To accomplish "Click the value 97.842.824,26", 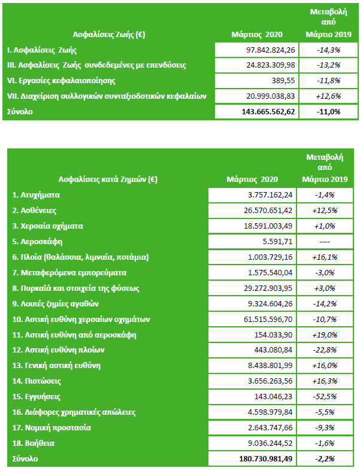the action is click(271, 50).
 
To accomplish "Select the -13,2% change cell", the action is click(328, 65).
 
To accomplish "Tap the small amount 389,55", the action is click(283, 81).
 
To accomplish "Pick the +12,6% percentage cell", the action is click(328, 96).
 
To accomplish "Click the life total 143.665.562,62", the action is click(268, 112).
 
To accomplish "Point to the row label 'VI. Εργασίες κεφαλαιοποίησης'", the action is click(61, 81).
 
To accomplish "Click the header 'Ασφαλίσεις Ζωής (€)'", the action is click(109, 35).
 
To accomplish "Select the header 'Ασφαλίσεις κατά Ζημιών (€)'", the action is click(108, 180).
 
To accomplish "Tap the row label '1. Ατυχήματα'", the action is click(36, 195).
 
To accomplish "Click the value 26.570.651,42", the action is click(268, 210).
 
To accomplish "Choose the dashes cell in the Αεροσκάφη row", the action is click(325, 242).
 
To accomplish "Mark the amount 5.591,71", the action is click(277, 242).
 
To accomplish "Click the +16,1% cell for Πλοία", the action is click(325, 257).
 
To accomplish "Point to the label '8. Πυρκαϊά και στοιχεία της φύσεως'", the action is click(76, 288).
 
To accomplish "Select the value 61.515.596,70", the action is click(268, 319).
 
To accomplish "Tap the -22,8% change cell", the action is click(325, 350).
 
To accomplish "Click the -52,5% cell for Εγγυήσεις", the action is click(325, 397).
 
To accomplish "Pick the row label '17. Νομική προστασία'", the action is click(52, 428).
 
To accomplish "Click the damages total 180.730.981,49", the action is click(266, 458).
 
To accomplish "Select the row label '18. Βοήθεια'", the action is click(34, 443).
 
